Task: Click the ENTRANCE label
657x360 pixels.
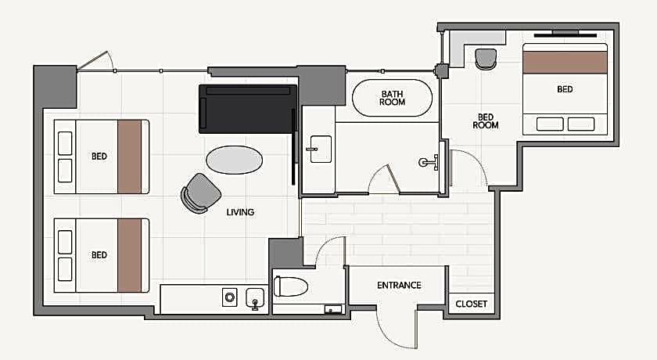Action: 399,286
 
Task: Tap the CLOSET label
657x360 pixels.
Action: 472,304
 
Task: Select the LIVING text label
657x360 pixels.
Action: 240,212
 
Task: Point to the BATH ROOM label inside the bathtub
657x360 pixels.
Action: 392,98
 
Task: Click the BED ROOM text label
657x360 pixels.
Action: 486,121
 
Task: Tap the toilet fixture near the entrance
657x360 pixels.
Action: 291,286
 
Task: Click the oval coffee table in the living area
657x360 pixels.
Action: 234,160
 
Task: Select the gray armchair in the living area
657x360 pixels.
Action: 201,193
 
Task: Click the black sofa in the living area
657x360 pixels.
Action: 248,109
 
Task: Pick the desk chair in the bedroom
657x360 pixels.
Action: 486,59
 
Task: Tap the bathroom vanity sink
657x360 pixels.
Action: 321,149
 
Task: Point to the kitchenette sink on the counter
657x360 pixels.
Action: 255,298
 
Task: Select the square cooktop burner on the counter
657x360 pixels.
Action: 229,297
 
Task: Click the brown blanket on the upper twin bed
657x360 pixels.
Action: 130,157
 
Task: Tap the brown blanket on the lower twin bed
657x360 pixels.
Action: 130,255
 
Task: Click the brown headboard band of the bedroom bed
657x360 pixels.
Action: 565,63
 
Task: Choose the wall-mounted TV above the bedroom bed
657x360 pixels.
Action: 565,34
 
